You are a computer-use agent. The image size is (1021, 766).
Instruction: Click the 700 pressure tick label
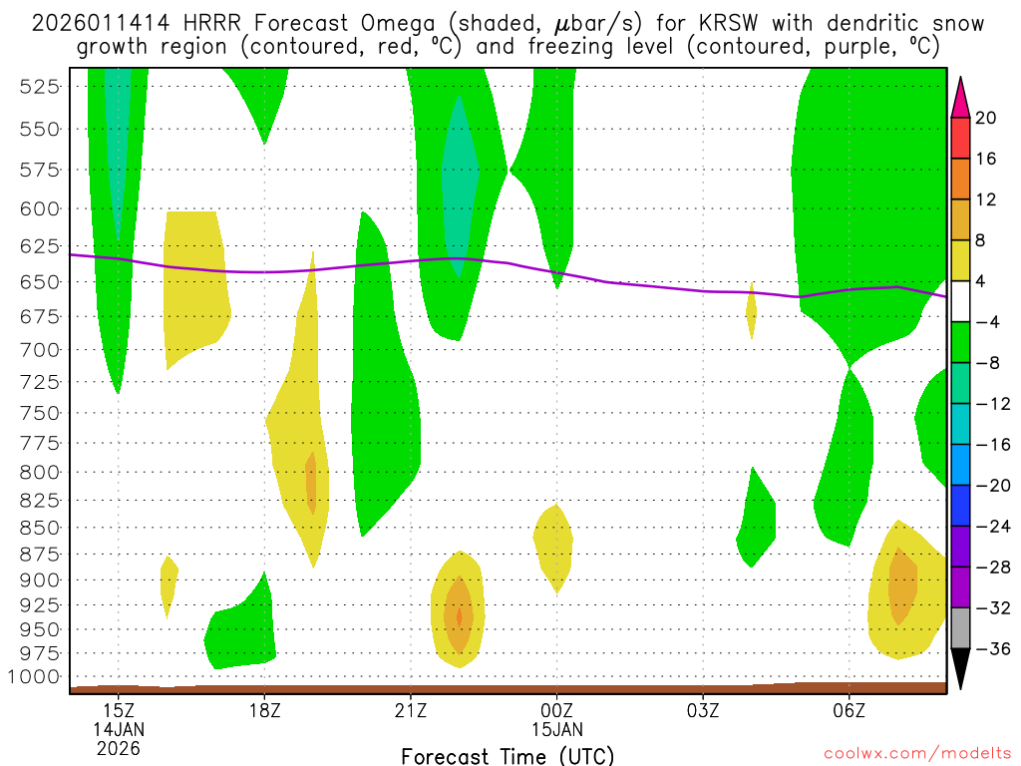click(x=40, y=349)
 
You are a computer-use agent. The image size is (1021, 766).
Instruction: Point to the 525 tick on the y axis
click(x=40, y=86)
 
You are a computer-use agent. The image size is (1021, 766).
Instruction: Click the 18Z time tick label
click(x=264, y=709)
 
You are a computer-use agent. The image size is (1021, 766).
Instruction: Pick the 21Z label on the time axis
click(x=411, y=709)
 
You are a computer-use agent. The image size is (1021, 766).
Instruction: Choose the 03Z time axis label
click(x=703, y=709)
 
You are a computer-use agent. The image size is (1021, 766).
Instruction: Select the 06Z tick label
click(x=849, y=709)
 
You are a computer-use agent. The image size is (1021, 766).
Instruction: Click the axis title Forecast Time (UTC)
click(x=508, y=755)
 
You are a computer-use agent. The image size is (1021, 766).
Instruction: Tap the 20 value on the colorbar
click(x=986, y=118)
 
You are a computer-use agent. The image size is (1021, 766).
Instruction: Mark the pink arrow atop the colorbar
click(x=960, y=96)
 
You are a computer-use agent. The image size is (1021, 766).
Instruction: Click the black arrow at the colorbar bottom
click(x=960, y=669)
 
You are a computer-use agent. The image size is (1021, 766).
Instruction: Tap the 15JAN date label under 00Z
click(x=556, y=728)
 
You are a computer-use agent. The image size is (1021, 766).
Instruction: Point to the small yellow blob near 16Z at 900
click(x=169, y=583)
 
